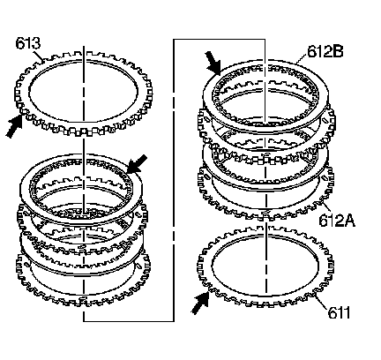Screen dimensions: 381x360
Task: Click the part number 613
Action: (x=27, y=43)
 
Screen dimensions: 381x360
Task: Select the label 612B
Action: (x=325, y=51)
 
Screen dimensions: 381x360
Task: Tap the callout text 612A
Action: (x=337, y=220)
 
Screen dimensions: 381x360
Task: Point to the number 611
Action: (x=339, y=312)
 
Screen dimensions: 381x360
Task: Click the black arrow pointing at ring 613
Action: (x=14, y=126)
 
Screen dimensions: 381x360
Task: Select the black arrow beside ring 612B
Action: (x=213, y=63)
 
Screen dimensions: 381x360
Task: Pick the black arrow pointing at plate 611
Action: (x=200, y=302)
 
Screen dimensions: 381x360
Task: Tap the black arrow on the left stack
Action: (x=137, y=163)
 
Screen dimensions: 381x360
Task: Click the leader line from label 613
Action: (x=38, y=55)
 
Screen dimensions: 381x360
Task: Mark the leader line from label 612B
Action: (x=302, y=60)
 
